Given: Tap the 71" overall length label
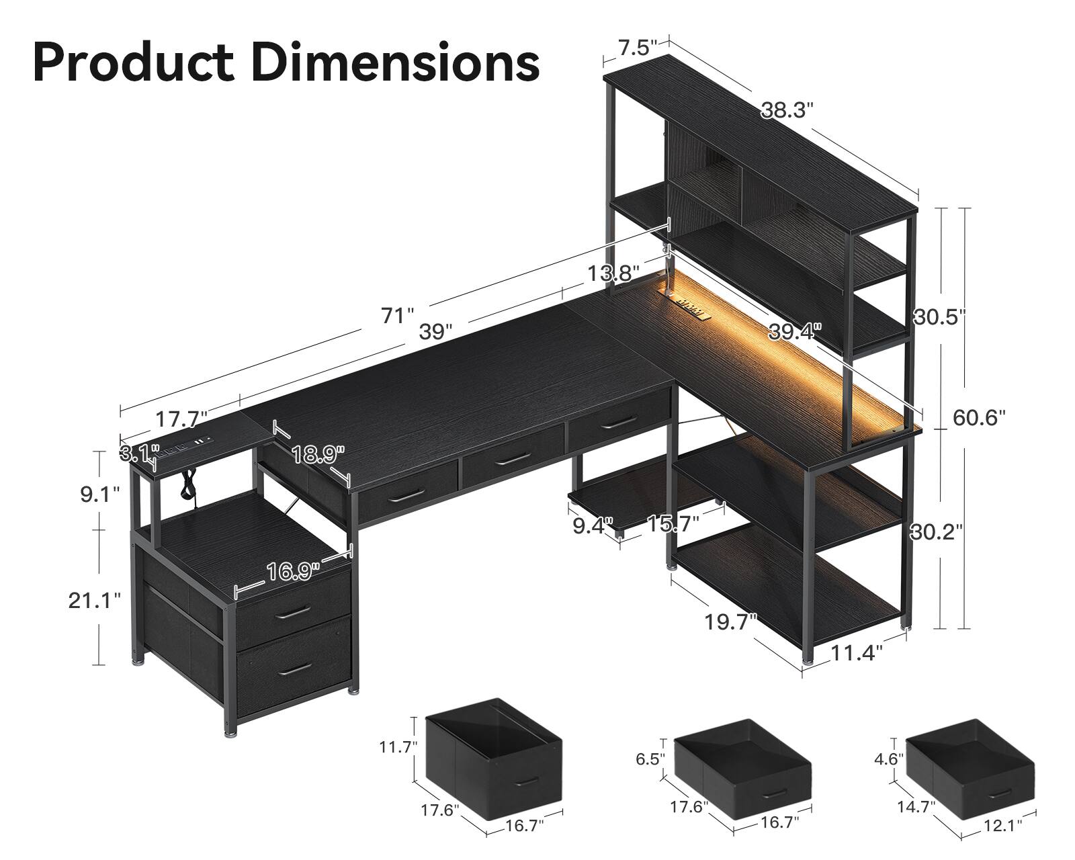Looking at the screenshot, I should click(x=397, y=315).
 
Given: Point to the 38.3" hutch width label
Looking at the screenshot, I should click(x=787, y=110).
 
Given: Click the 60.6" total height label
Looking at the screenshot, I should click(x=979, y=418).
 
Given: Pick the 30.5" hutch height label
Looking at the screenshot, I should click(x=939, y=316).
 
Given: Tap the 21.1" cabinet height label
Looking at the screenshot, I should click(x=94, y=600).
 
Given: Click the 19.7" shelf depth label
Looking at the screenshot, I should click(x=731, y=622).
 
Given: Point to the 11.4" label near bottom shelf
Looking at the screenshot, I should click(x=856, y=652).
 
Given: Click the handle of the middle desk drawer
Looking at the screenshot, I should click(x=511, y=459).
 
